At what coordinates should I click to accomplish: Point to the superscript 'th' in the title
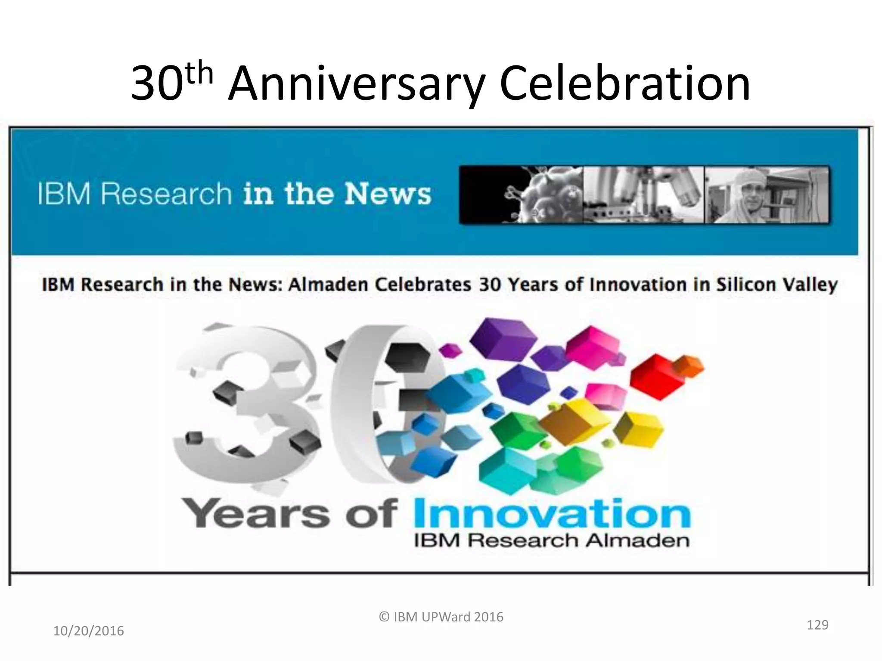tap(201, 74)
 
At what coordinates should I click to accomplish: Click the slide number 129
tap(817, 624)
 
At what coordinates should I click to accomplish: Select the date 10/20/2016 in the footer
tap(88, 631)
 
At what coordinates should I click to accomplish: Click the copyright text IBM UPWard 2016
tap(441, 617)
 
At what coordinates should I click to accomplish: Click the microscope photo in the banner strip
tap(643, 195)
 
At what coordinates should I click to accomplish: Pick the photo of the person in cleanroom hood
tap(767, 195)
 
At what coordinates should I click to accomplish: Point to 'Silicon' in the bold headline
tap(742, 285)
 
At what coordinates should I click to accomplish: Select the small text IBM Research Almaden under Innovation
tap(551, 541)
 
